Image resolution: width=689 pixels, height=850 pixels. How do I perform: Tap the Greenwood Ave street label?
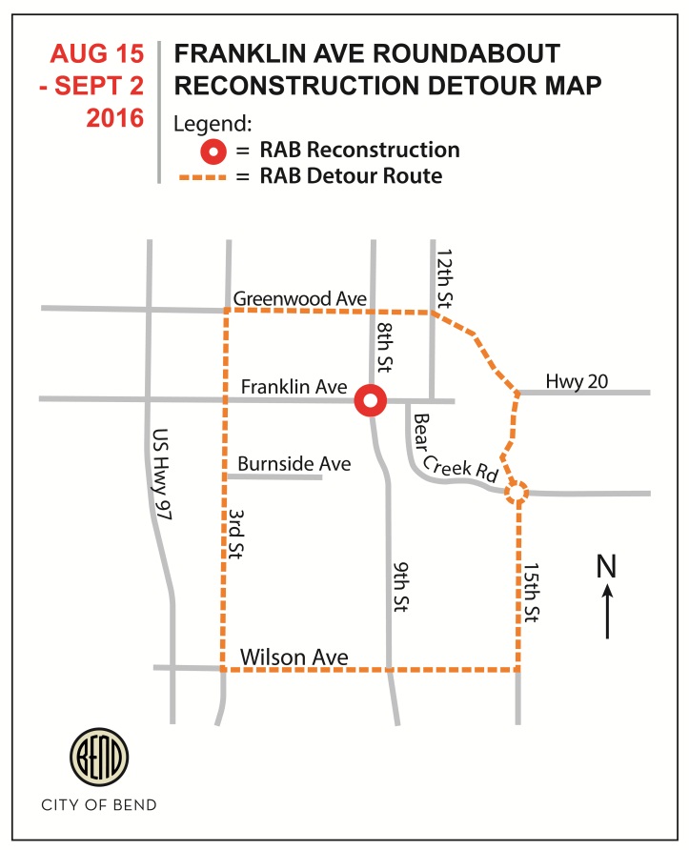[x=300, y=299]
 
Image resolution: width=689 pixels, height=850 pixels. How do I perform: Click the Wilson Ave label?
[x=294, y=657]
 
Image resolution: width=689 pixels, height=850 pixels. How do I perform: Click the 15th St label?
[x=532, y=593]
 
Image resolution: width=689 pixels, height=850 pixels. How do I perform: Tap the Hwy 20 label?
[x=578, y=381]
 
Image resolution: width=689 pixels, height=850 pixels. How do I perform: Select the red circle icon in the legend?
[x=214, y=151]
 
